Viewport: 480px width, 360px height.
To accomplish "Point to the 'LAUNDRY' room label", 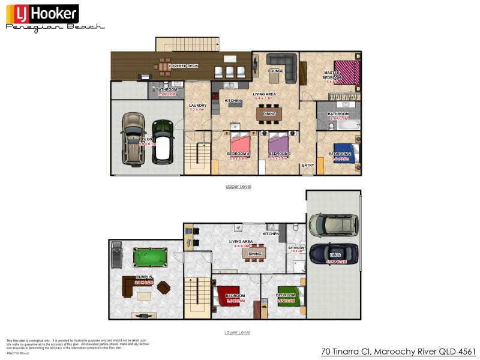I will (197, 105).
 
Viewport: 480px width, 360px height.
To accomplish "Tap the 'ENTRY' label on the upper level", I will (308, 165).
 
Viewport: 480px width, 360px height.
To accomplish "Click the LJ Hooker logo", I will (42, 13).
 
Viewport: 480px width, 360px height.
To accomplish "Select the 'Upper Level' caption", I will (238, 187).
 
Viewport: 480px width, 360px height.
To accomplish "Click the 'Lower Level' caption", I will (238, 332).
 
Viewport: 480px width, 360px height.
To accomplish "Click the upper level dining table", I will (269, 113).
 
